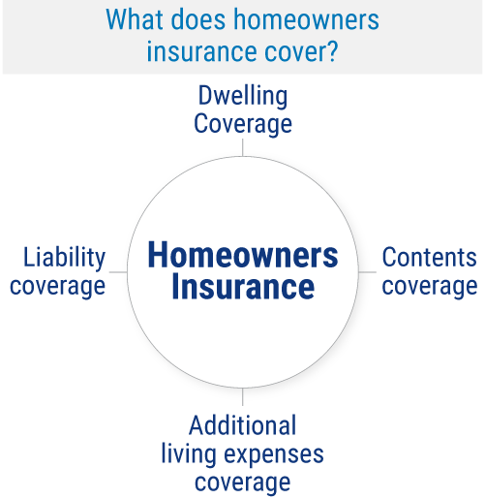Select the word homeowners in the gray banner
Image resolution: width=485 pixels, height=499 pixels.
(x=301, y=20)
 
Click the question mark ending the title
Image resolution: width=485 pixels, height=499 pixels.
(x=333, y=50)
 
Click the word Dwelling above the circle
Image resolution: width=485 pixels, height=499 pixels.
(x=244, y=97)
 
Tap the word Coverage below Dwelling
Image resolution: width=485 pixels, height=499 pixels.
(x=244, y=125)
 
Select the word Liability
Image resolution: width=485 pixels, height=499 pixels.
(x=64, y=258)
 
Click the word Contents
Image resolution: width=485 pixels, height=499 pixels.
(x=429, y=258)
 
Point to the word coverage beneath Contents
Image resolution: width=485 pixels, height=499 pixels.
(x=429, y=287)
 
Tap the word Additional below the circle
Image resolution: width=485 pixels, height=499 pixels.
(x=243, y=424)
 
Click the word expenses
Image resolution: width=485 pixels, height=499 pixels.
(x=275, y=454)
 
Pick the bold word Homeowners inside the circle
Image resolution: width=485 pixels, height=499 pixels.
(x=243, y=257)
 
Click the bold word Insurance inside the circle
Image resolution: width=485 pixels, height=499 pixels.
(x=243, y=288)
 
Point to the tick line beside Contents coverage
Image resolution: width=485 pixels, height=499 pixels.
(x=369, y=272)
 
